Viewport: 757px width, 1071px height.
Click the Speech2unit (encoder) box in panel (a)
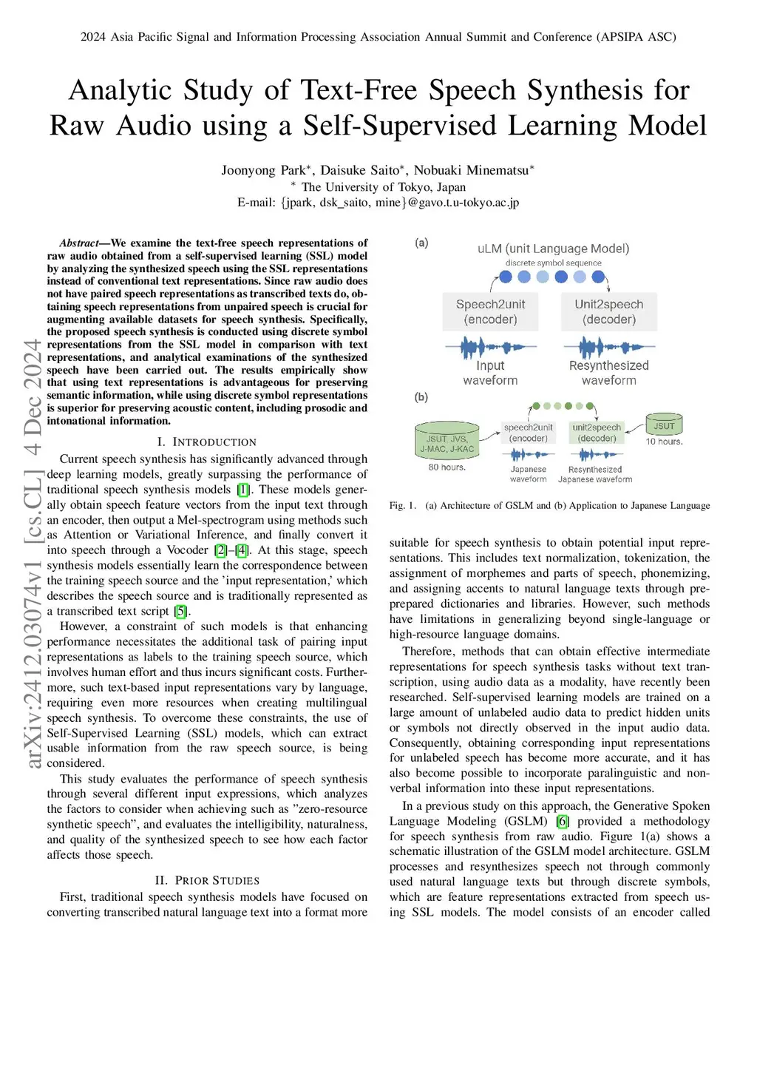490,311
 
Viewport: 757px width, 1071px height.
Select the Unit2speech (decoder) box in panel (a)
608,311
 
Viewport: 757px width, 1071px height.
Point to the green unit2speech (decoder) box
597,433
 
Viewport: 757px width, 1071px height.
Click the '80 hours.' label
447,467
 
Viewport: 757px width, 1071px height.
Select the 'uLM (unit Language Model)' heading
553,249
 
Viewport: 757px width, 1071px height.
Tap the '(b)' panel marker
421,397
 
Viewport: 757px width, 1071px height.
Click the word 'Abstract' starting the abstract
79,243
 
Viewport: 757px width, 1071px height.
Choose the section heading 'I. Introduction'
207,442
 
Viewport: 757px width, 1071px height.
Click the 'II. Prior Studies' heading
207,880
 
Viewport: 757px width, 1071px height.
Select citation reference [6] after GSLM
563,821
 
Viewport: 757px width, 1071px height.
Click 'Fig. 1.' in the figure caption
403,506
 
